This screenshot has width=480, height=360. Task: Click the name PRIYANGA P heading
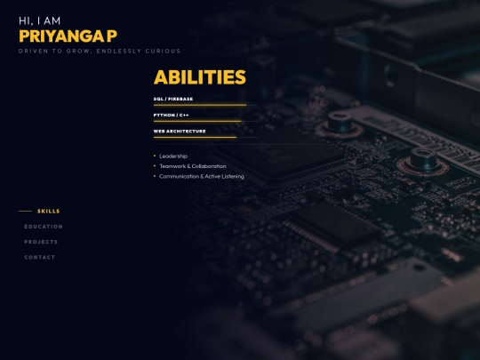tap(68, 36)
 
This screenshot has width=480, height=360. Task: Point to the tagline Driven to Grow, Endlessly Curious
tap(100, 51)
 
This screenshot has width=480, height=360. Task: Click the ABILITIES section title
tap(199, 77)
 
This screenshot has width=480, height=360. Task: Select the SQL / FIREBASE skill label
tap(173, 99)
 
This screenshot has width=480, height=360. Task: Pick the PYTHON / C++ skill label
tap(171, 115)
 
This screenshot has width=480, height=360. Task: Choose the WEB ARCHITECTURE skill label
tap(180, 131)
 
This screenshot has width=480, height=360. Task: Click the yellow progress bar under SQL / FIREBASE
tap(199, 105)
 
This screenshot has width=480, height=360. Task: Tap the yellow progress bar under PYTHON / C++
tap(196, 121)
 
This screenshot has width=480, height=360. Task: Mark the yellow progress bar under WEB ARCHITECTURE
tap(195, 137)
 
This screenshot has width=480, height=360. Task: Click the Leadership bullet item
tap(173, 156)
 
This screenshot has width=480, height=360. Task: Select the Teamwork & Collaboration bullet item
tap(192, 166)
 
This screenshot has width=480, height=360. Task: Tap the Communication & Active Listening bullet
tap(201, 176)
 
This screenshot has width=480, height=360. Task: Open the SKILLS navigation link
tap(49, 212)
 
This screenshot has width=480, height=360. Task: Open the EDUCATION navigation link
tap(44, 227)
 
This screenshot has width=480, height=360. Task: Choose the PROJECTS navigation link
tap(41, 242)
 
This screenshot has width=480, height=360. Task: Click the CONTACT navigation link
tap(40, 257)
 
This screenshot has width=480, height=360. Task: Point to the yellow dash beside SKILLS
tap(25, 212)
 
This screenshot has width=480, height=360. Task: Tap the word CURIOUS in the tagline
tap(164, 51)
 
